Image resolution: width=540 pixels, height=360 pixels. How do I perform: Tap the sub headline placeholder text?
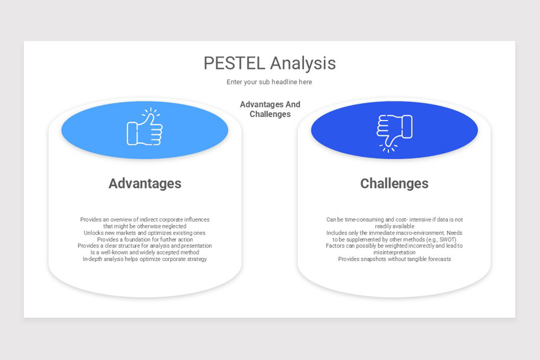(x=269, y=82)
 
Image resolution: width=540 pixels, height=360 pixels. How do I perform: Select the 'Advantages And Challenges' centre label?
(x=270, y=109)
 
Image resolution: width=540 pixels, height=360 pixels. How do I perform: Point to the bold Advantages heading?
(x=145, y=184)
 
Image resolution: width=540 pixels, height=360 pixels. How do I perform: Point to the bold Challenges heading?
(x=394, y=184)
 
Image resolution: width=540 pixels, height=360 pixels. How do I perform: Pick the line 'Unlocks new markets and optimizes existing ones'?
(x=145, y=233)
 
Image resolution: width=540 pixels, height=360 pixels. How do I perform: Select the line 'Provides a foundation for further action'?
(x=145, y=239)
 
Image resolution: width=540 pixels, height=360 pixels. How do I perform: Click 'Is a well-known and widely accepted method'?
(x=145, y=252)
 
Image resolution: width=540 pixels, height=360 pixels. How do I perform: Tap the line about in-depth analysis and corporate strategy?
(x=145, y=259)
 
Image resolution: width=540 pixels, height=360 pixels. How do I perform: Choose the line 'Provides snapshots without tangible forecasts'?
(x=394, y=259)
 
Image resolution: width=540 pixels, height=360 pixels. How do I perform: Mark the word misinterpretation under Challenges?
(x=394, y=252)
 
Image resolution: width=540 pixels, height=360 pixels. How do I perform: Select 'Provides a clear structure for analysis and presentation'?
(x=145, y=246)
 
